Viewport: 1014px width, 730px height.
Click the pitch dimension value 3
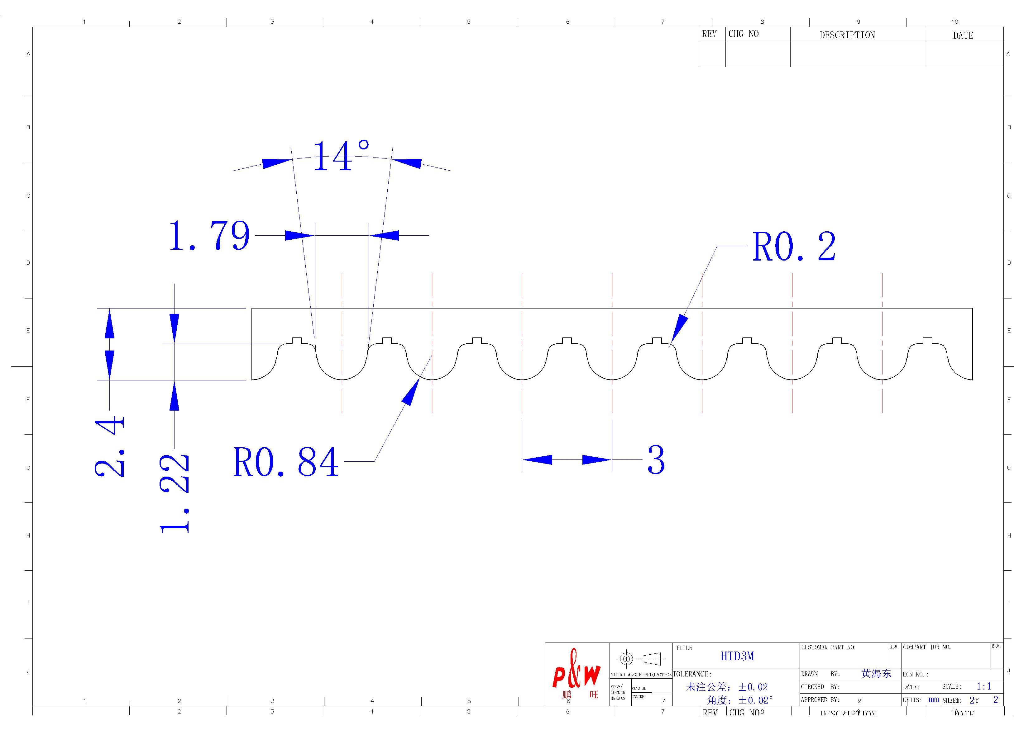pos(656,460)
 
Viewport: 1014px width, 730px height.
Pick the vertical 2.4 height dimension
pos(110,446)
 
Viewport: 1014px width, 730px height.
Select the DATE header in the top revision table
pos(963,35)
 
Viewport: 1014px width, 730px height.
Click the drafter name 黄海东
pos(876,674)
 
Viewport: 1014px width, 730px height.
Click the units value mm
pos(934,699)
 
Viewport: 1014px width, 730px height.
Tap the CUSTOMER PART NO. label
pos(828,648)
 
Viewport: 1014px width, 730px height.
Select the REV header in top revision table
pos(709,34)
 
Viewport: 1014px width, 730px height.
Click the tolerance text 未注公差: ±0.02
pos(726,687)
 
